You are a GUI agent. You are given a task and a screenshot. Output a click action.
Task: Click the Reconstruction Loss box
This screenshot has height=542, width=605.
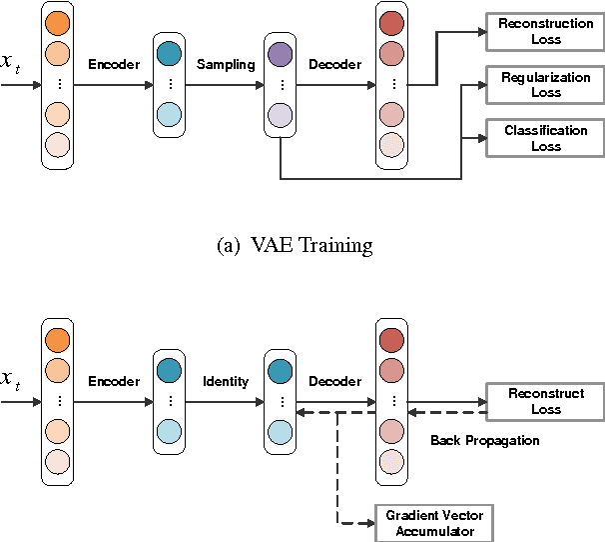pos(545,31)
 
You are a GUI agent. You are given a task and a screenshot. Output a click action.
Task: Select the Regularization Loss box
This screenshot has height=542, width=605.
pos(545,84)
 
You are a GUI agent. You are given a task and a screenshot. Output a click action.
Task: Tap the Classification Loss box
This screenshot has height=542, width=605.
pos(545,138)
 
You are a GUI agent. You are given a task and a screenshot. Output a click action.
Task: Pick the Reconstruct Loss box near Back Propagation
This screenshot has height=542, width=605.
pos(545,401)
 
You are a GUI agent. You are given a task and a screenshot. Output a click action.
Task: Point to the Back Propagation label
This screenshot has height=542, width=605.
pos(484,440)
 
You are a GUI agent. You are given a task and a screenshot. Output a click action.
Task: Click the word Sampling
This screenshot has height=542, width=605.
pos(225,65)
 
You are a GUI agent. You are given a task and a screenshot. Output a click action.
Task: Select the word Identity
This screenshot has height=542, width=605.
pos(225,381)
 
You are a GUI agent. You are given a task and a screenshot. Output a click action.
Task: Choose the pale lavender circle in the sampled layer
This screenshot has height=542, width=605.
pos(281,116)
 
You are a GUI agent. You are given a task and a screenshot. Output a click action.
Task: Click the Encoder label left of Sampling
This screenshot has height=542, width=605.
pos(113,65)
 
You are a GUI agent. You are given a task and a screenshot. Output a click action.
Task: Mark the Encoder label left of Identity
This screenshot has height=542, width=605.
pos(113,381)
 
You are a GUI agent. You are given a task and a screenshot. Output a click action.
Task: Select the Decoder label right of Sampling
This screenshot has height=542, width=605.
pos(334,65)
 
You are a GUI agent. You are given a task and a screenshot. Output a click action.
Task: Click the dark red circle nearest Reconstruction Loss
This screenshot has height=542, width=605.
pos(391,23)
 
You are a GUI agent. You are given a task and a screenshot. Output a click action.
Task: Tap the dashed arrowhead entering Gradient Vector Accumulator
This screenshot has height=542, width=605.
pos(369,523)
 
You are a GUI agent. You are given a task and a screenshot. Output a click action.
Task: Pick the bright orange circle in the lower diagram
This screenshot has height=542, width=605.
pos(58,340)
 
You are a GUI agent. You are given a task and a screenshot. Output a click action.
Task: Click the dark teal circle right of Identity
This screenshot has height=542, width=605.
pos(281,371)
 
